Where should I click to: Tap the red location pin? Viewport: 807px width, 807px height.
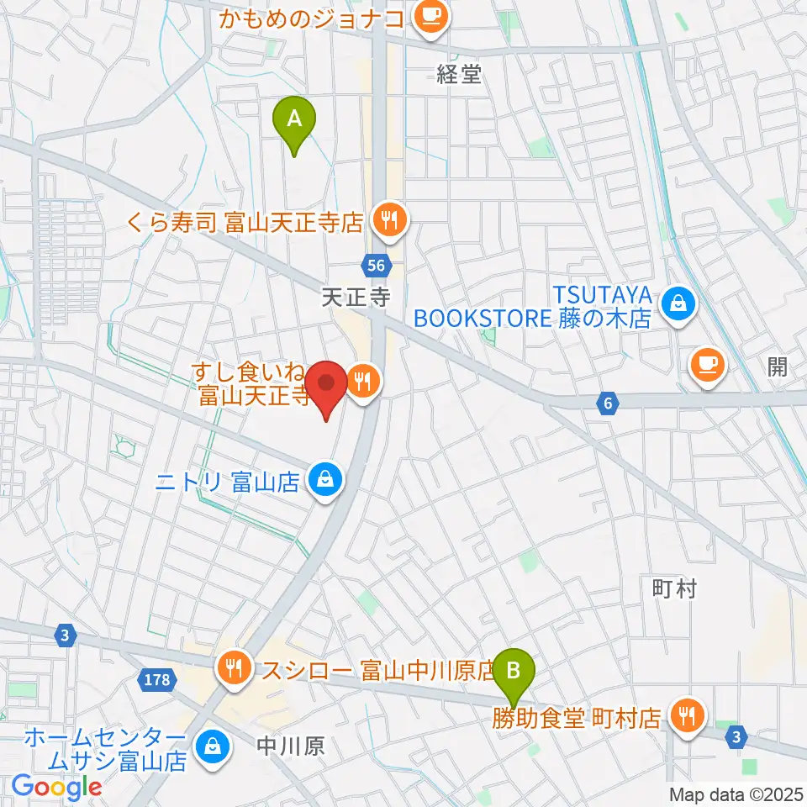[x=325, y=386]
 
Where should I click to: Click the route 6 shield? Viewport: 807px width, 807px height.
[x=607, y=404]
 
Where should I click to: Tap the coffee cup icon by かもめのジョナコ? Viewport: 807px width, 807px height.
[x=432, y=15]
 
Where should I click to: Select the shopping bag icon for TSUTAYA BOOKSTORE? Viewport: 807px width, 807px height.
[x=678, y=304]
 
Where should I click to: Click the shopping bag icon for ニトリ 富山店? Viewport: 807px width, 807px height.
[x=324, y=481]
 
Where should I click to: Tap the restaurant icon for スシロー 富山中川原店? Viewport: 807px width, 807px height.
[x=233, y=669]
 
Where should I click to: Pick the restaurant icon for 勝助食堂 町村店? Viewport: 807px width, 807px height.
[x=688, y=716]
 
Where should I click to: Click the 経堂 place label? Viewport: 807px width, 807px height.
[x=459, y=74]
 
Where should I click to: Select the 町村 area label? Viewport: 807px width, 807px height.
[x=674, y=589]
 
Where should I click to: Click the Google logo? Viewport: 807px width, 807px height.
[x=56, y=788]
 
